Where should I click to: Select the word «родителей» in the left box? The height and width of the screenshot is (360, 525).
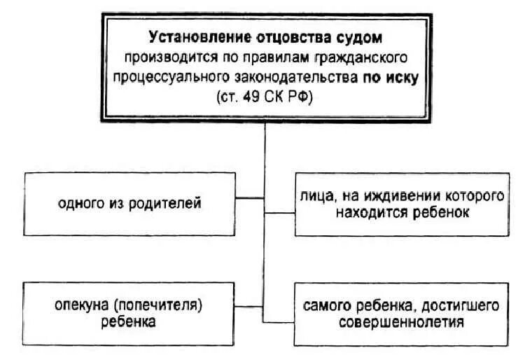171,204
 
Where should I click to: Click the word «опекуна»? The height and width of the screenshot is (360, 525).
82,306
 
